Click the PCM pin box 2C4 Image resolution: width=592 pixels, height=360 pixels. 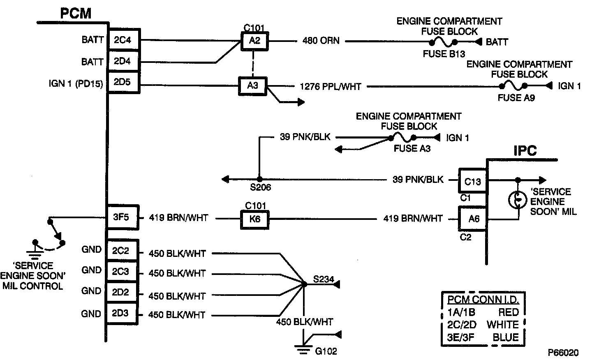click(x=122, y=40)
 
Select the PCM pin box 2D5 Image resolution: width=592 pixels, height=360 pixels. click(x=122, y=82)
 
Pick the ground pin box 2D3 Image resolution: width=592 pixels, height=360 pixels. click(x=120, y=314)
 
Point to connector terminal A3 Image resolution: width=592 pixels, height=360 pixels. click(x=252, y=86)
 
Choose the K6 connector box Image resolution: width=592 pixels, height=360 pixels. click(x=254, y=219)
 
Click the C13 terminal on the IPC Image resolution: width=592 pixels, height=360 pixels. click(x=472, y=181)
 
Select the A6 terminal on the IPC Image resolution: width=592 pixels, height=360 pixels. click(x=474, y=219)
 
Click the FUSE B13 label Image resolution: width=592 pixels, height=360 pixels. click(x=444, y=54)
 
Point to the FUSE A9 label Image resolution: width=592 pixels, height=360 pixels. click(x=516, y=98)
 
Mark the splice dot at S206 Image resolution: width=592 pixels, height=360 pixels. click(x=259, y=179)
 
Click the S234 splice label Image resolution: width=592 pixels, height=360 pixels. click(x=323, y=280)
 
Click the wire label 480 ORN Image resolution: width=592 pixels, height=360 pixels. click(x=321, y=41)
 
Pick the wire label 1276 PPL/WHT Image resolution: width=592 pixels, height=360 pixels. click(x=331, y=86)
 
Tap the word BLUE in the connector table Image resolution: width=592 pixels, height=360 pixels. click(x=506, y=337)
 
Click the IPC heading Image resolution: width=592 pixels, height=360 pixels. click(x=525, y=151)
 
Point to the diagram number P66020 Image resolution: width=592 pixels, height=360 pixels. click(x=563, y=353)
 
